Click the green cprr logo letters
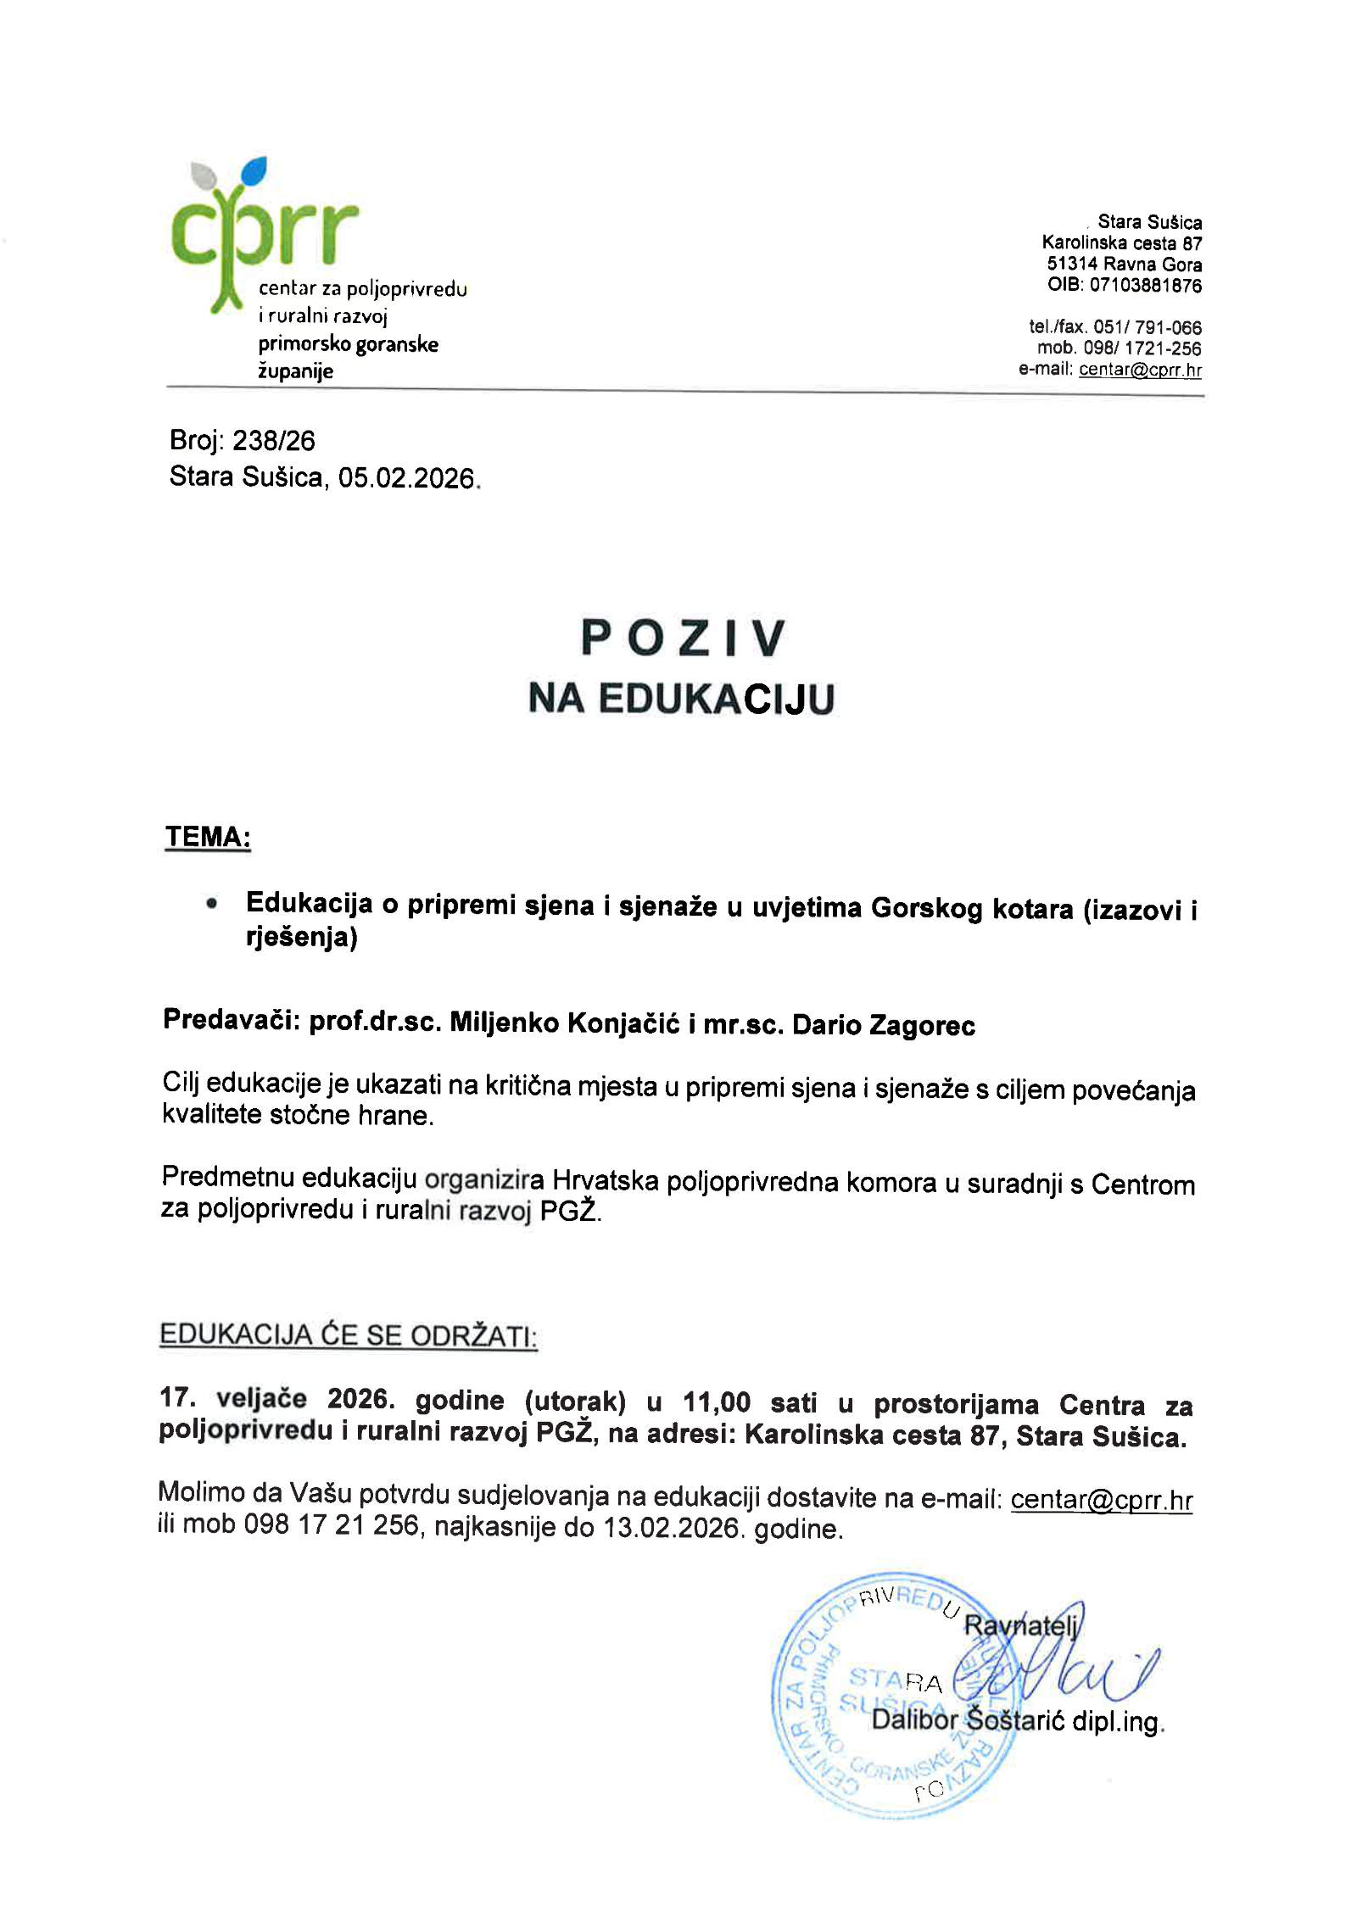[264, 234]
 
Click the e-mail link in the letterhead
[1139, 370]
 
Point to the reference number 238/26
[273, 441]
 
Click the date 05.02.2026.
[407, 478]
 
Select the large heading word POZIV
[683, 638]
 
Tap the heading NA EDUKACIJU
[681, 699]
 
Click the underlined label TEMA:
[208, 837]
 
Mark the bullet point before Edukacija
[211, 905]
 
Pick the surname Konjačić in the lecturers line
[623, 1023]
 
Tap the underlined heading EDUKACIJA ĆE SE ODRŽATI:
[348, 1335]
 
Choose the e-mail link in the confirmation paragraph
[1101, 1500]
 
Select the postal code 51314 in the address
[1071, 264]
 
